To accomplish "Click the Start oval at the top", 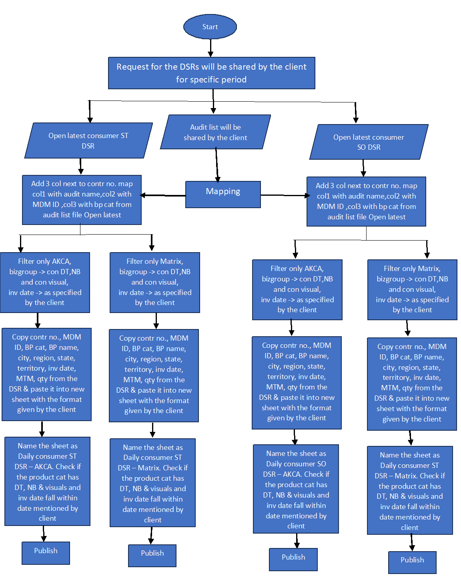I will tap(210, 27).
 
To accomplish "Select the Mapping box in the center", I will tap(223, 195).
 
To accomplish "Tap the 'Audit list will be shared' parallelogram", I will tap(215, 132).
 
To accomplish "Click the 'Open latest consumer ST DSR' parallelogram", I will tap(88, 140).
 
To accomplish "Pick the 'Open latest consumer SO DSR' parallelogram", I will tap(369, 142).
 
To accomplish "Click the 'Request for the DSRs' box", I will tap(211, 73).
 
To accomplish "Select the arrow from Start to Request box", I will tap(210, 48).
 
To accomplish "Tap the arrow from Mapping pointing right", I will tap(285, 195).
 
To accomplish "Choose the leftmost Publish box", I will tap(46, 553).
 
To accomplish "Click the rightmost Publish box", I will tap(412, 562).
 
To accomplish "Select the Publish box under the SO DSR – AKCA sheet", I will tap(293, 559).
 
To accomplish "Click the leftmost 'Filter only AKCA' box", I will tap(45, 282).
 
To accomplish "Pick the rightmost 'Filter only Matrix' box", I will tap(412, 289).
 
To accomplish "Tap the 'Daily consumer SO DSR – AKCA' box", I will tap(296, 489).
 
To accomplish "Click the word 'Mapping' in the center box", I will tap(223, 191).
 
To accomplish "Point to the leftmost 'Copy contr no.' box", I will tap(46, 374).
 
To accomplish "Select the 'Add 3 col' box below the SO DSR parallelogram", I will tap(366, 201).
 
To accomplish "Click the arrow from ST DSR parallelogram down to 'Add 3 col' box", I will tap(81, 166).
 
